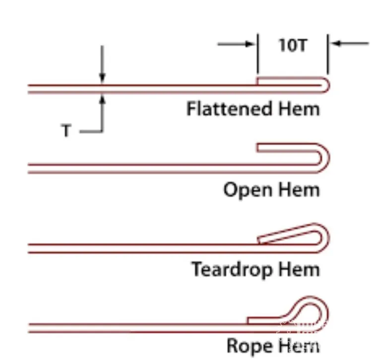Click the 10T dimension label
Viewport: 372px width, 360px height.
293,46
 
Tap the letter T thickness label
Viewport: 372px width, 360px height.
65,131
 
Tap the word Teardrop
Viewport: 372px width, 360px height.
233,270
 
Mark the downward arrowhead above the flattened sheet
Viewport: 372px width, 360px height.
102,78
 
